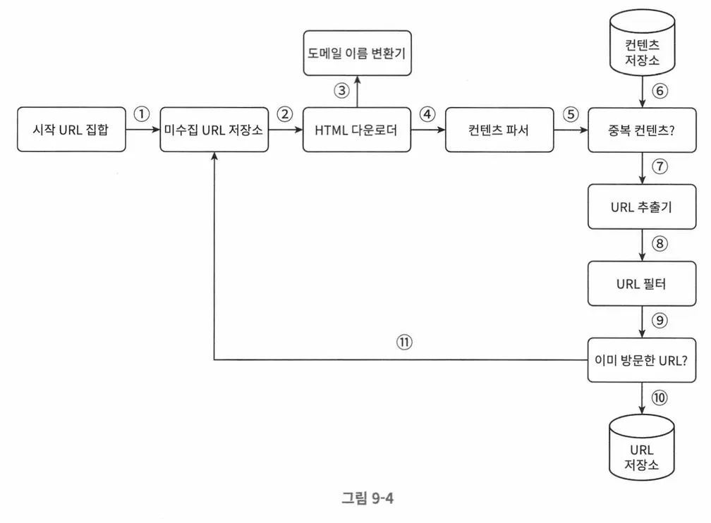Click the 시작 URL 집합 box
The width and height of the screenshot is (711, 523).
[72, 130]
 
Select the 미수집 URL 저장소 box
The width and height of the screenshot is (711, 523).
[214, 130]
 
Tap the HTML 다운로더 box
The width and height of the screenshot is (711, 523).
[356, 130]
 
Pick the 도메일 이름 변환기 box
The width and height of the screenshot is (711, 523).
[356, 53]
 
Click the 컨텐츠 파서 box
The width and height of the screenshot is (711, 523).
[499, 130]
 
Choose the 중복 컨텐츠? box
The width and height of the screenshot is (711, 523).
[642, 130]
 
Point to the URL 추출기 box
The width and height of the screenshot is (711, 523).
[642, 207]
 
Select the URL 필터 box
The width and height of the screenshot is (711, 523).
[642, 285]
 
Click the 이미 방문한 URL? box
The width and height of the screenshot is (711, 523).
[642, 360]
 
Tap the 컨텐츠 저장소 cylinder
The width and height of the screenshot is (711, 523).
[642, 54]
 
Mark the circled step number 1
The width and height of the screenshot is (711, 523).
[142, 113]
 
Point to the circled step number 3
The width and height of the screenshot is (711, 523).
[341, 90]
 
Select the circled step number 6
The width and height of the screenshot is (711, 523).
[660, 90]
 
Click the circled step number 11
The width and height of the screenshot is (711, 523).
[404, 342]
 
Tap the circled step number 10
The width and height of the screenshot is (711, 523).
[660, 398]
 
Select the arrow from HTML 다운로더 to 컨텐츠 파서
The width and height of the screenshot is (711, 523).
[427, 130]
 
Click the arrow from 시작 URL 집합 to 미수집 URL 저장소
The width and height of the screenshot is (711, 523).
[142, 130]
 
